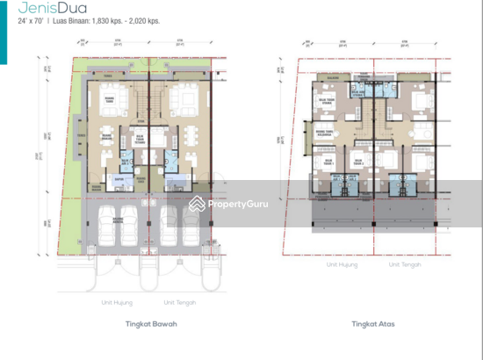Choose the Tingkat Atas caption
click(x=373, y=324)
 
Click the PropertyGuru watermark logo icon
click(x=196, y=204)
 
